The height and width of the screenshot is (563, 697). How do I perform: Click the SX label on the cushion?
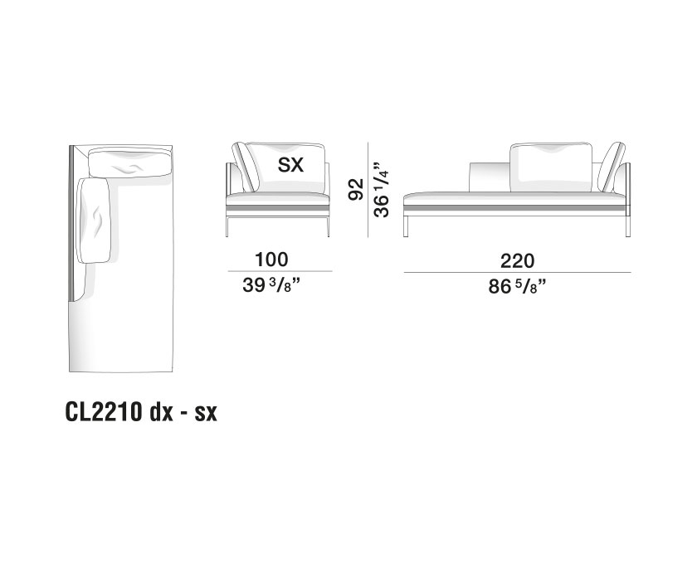coord(291,164)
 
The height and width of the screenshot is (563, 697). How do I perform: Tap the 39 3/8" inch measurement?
coord(279,286)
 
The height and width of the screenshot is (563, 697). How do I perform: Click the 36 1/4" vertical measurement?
coord(383,189)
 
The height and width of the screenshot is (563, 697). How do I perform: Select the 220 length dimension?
coord(516,260)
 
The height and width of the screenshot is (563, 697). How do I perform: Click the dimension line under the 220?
coord(516,272)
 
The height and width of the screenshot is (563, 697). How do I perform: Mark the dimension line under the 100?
coord(279,272)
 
